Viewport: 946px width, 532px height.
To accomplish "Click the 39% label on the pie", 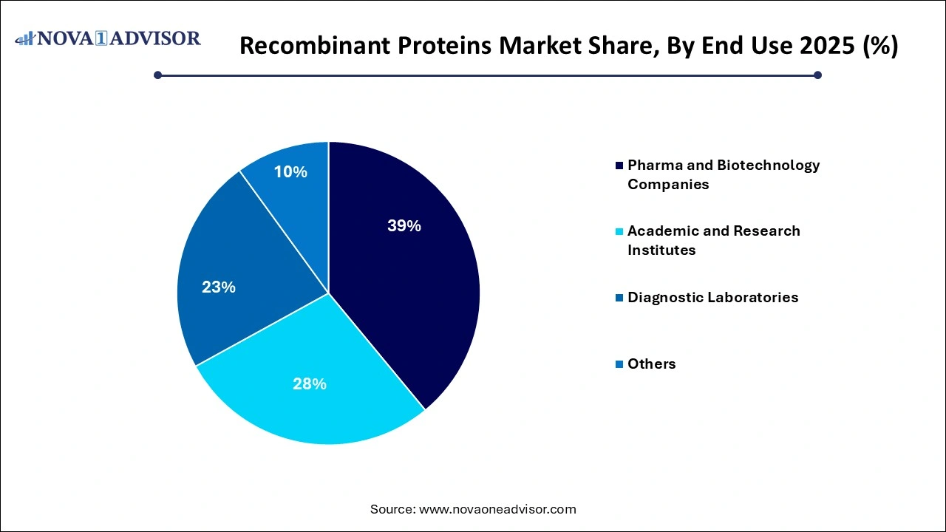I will tap(404, 226).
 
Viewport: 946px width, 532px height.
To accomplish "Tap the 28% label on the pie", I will tap(309, 383).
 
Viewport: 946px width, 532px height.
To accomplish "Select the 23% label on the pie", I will tap(218, 287).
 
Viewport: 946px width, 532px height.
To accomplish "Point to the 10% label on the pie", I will tap(290, 172).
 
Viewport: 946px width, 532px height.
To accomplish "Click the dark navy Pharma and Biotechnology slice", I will tap(414, 296).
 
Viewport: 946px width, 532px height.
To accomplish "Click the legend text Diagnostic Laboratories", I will tap(712, 297).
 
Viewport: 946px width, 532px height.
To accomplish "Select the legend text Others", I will tap(651, 364).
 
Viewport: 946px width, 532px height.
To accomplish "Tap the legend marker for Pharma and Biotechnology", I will tap(619, 166).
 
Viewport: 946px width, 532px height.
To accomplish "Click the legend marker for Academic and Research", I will tap(619, 231).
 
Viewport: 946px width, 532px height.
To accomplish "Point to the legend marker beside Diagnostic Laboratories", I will tap(619, 298).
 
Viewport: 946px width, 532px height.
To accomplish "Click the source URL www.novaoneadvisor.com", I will tap(497, 509).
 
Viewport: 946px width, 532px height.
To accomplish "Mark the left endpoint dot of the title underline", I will tap(157, 75).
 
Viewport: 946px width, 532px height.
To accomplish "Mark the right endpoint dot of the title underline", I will tap(817, 75).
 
